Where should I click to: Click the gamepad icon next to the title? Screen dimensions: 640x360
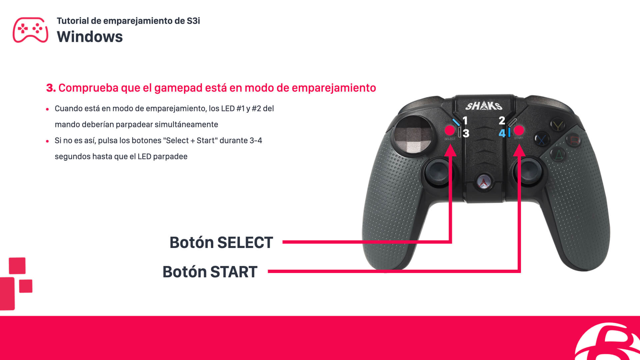[x=30, y=30]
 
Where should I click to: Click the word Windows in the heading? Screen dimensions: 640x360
[x=90, y=37]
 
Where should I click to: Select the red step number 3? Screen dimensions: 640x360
[x=50, y=88]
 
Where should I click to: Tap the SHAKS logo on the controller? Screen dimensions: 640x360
[x=484, y=106]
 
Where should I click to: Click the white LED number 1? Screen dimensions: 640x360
[x=465, y=120]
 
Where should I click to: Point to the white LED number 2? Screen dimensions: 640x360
[x=502, y=120]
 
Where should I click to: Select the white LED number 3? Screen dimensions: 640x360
[x=466, y=133]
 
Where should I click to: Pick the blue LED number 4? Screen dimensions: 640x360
[x=502, y=133]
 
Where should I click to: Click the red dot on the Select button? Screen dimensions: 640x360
[x=450, y=130]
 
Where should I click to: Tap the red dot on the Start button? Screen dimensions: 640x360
[x=519, y=130]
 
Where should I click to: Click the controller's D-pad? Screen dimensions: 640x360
[x=414, y=135]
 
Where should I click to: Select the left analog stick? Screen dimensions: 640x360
[x=438, y=171]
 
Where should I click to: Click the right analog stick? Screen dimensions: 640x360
[x=528, y=171]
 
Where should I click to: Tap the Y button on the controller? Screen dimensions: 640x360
[x=557, y=125]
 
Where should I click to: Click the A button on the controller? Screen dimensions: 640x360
[x=558, y=155]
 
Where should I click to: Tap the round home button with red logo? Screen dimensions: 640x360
[x=483, y=182]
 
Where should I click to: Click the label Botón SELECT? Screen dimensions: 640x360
[x=221, y=242]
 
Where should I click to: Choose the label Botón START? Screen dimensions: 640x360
[x=210, y=272]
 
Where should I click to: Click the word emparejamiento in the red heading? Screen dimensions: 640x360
[x=334, y=88]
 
